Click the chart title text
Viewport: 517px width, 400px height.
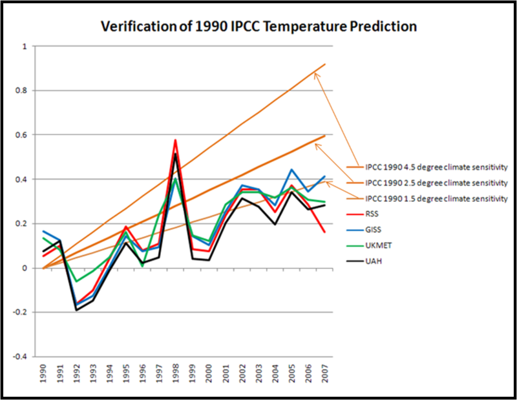click(x=258, y=26)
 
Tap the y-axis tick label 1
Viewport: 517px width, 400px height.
click(x=26, y=46)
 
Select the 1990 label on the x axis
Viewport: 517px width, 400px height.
click(x=43, y=375)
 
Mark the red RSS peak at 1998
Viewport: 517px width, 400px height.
click(x=176, y=140)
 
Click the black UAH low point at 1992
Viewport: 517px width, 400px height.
click(x=76, y=310)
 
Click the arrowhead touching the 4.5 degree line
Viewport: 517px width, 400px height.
click(x=316, y=74)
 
